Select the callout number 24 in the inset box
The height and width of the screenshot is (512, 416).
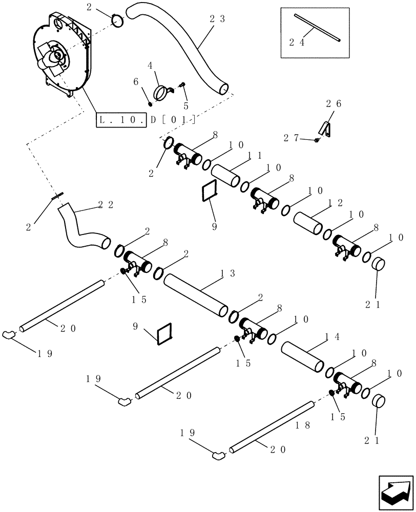(x=297, y=43)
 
